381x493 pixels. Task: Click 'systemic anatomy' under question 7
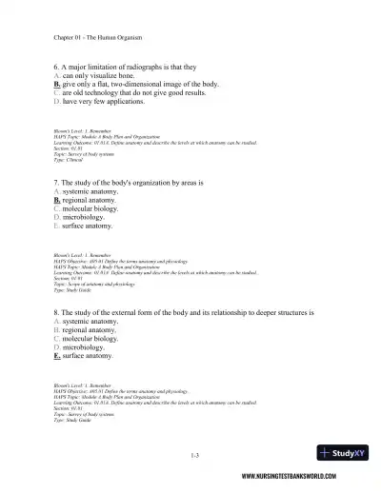pos(94,190)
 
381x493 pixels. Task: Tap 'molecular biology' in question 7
pos(96,208)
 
